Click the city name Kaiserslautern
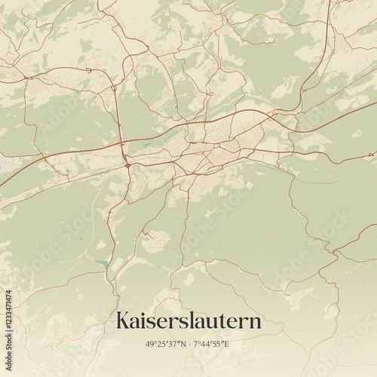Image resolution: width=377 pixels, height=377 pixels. tap(188, 321)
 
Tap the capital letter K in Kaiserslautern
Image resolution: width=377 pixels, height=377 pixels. tap(123, 320)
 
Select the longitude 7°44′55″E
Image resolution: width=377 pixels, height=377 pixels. tap(217, 344)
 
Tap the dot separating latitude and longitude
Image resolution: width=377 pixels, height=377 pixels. tap(188, 344)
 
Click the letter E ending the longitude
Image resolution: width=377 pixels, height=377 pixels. tap(235, 344)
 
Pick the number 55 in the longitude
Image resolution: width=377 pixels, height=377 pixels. tap(225, 344)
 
